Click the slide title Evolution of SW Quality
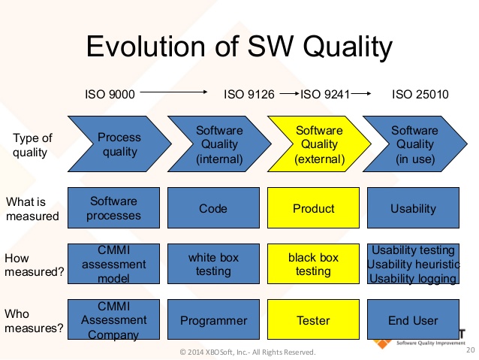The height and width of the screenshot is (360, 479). pos(239,46)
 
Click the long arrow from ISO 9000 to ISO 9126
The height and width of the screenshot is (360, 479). pos(173,93)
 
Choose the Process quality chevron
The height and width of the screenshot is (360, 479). pos(119,144)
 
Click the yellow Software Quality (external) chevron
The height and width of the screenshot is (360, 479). pos(318,144)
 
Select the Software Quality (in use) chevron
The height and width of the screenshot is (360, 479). pos(414,144)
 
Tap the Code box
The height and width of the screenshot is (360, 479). pos(213,208)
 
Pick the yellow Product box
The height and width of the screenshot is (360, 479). pos(314,208)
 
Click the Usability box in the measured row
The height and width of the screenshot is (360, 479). pos(413,208)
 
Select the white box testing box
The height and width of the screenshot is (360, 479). pos(213,264)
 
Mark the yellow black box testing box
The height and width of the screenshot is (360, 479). pos(314,264)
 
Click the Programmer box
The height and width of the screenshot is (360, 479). pos(213,320)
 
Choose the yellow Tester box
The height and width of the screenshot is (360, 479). pos(314,320)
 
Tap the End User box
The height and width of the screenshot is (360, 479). pos(413,320)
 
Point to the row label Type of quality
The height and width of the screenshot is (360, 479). pos(33,144)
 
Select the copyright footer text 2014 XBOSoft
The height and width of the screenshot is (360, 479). pos(248,352)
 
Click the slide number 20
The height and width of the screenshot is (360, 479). pos(470,350)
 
